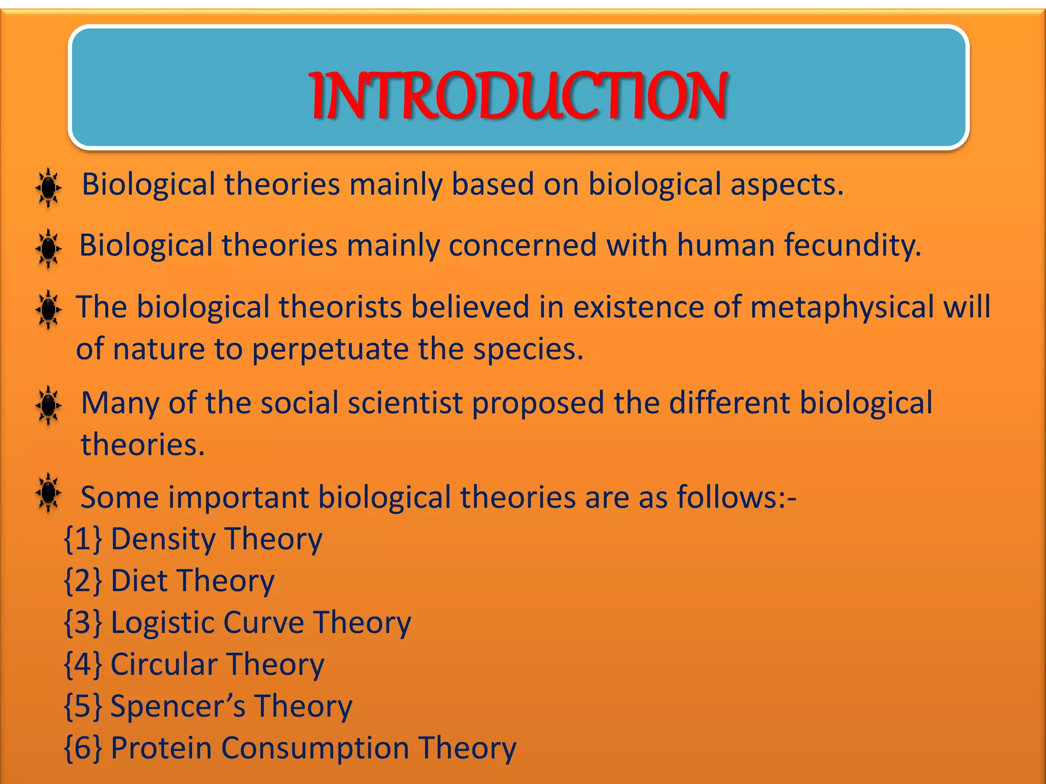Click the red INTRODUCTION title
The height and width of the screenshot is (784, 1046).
[x=518, y=96]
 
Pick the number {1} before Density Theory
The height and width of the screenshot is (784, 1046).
[x=83, y=540]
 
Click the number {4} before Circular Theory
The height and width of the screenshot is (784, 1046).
[x=83, y=665]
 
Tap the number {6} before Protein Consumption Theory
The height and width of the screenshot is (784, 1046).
[x=83, y=748]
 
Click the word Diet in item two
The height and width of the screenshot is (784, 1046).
[x=139, y=581]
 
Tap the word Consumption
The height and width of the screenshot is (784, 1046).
[x=315, y=748]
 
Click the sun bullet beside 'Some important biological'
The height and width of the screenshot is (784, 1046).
[x=49, y=493]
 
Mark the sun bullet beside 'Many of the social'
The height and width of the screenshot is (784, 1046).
[x=49, y=405]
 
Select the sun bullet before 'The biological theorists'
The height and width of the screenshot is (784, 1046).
[x=49, y=309]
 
